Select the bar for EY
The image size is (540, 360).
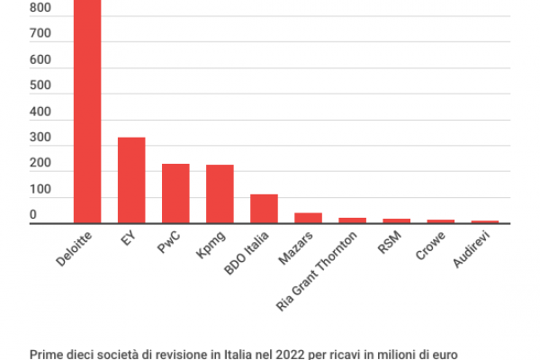(131, 180)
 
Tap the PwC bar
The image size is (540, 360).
(175, 193)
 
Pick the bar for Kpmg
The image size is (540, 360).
(220, 193)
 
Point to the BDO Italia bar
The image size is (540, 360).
(264, 208)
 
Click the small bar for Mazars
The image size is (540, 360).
(308, 218)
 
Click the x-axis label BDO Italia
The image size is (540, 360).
(249, 253)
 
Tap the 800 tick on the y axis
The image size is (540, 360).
(40, 8)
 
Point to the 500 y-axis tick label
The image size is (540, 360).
(40, 86)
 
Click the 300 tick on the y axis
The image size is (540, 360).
(40, 139)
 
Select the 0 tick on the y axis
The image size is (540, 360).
(33, 215)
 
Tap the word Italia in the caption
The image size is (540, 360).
(215, 354)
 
